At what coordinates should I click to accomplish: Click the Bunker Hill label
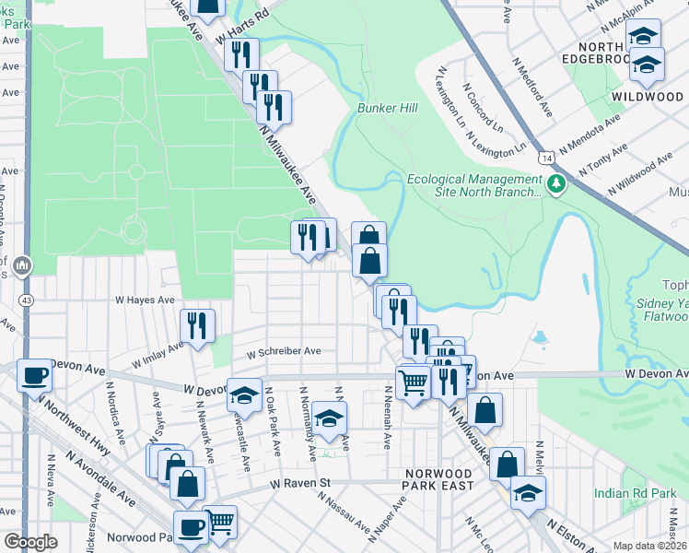[388, 108]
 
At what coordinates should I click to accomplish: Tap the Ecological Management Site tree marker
[555, 185]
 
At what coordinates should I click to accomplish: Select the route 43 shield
[26, 300]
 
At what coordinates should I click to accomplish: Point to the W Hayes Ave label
[145, 300]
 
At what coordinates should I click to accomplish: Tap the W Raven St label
[300, 482]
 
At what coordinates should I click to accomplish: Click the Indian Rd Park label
[635, 493]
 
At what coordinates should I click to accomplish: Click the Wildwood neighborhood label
[647, 96]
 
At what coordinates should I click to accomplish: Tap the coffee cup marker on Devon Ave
[35, 375]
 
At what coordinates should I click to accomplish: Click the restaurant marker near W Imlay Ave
[197, 324]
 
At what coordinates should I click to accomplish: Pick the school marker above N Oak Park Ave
[244, 394]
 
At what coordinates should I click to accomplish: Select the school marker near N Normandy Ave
[329, 418]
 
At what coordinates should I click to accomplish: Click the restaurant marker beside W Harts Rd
[241, 54]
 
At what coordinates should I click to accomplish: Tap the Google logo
[30, 542]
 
